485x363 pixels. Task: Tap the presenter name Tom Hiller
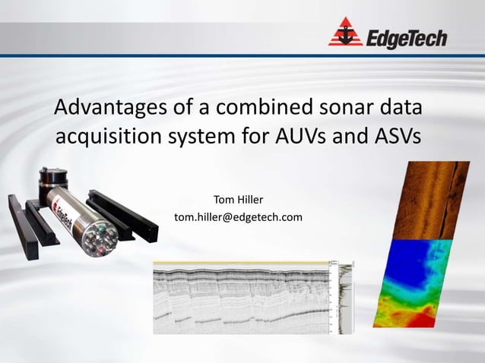pyautogui.click(x=238, y=200)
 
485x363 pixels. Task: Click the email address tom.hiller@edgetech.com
pyautogui.click(x=238, y=217)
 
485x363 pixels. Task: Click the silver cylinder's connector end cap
pyautogui.click(x=100, y=241)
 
